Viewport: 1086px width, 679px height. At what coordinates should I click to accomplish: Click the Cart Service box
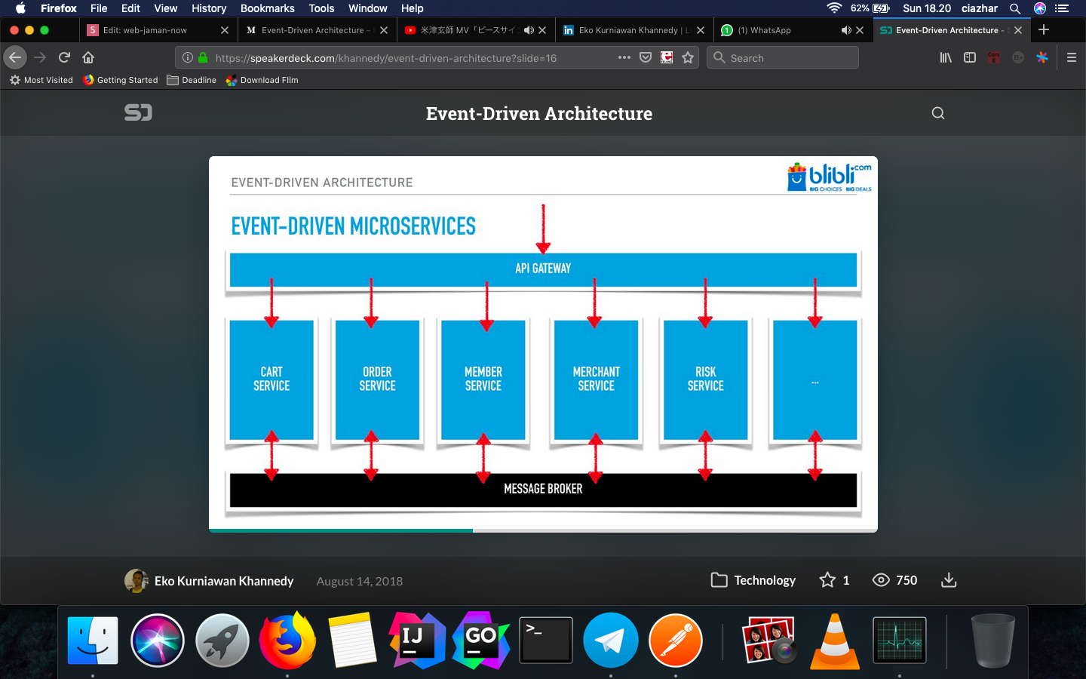[271, 379]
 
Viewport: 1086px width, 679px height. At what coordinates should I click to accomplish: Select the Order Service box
[377, 379]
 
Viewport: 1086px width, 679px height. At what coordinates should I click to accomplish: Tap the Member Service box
[483, 379]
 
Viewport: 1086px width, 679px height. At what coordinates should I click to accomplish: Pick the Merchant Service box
[596, 379]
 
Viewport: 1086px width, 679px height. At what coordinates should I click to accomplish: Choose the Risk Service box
[705, 379]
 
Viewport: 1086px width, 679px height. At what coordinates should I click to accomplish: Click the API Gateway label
[543, 269]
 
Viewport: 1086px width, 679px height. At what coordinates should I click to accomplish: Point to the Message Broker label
[543, 489]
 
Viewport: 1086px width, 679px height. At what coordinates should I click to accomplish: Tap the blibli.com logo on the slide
[829, 177]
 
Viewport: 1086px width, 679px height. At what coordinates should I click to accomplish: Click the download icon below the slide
[949, 580]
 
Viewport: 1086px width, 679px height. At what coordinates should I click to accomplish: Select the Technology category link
[764, 580]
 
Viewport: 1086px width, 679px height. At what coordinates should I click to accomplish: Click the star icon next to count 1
[827, 580]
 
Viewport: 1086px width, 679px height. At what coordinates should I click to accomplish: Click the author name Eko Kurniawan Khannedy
[224, 581]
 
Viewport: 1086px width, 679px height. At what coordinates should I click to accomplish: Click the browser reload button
[65, 57]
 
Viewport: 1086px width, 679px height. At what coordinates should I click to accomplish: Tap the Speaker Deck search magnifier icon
[938, 113]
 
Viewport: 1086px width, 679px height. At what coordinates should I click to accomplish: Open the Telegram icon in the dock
[610, 641]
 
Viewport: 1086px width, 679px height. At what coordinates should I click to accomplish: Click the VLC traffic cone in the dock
[835, 642]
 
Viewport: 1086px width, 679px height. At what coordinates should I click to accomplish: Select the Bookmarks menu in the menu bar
[267, 8]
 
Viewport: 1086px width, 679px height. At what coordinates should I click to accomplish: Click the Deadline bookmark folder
[198, 80]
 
